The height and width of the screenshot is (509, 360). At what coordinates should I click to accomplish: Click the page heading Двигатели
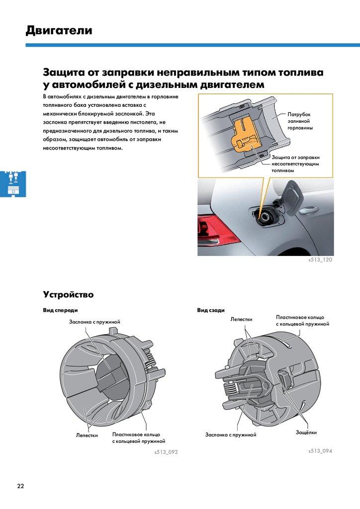pos(59,31)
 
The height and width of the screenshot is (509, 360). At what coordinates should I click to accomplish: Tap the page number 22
pos(20,486)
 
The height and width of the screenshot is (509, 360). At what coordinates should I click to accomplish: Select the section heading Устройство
pos(68,294)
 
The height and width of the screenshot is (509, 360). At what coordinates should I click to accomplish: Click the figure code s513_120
pos(320,260)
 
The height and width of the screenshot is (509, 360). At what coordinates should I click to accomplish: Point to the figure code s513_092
pos(166,453)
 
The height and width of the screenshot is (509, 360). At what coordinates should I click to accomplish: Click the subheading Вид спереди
pos(61,311)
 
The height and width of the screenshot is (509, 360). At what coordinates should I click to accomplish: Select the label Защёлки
pos(306,432)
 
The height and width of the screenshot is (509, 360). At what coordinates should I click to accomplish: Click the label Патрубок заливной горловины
pos(299,121)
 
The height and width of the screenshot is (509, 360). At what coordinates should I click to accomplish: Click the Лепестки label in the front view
pos(87,435)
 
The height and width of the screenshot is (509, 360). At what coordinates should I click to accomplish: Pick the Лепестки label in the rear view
pos(241,319)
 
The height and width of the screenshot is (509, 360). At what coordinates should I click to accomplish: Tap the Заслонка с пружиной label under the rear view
pos(231,435)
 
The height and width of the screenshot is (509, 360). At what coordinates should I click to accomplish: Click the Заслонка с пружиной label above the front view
pos(94,322)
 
